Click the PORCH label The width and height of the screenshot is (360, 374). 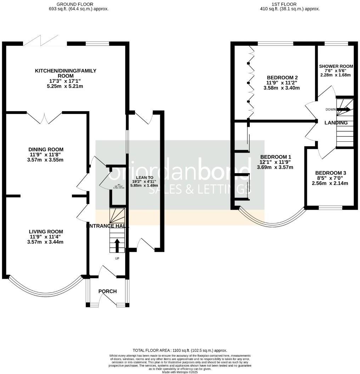[107, 291]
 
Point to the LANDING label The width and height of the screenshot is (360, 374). [336, 123]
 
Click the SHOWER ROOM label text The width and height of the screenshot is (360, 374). [336, 66]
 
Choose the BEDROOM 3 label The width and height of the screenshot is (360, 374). [331, 173]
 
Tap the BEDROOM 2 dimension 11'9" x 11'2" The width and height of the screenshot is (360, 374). [282, 83]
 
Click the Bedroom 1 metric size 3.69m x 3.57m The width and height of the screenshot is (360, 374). [275, 168]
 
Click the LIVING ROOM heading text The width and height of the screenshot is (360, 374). [46, 232]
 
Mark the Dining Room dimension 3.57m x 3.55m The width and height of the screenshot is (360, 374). [46, 160]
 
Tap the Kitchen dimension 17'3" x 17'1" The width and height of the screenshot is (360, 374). [65, 81]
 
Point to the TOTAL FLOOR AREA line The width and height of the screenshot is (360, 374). [180, 350]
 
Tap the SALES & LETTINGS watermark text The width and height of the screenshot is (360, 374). [197, 189]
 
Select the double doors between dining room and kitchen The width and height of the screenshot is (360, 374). [45, 116]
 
